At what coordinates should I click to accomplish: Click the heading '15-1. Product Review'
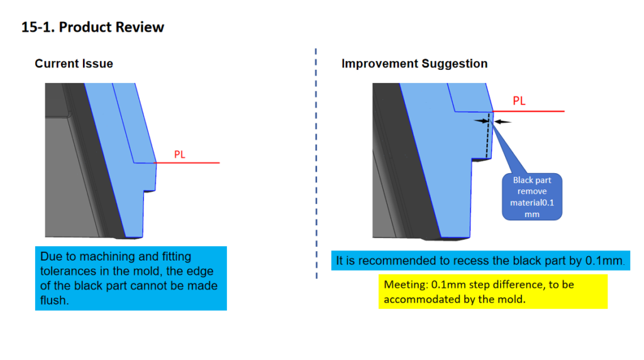click(92, 27)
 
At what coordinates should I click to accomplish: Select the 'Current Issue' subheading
click(74, 64)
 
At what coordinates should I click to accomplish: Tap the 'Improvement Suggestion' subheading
click(414, 64)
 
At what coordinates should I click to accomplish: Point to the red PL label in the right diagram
click(519, 101)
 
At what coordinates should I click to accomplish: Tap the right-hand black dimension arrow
click(502, 121)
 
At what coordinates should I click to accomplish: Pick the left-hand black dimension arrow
click(481, 120)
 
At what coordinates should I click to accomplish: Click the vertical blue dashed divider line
click(316, 164)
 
